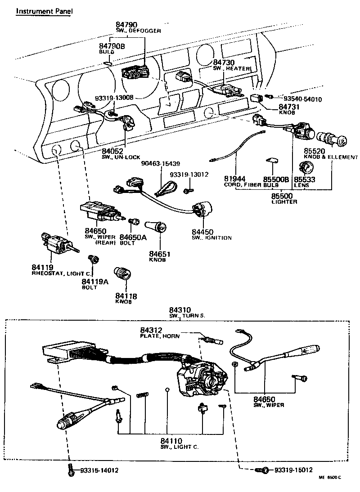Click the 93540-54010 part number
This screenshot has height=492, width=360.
pyautogui.click(x=303, y=98)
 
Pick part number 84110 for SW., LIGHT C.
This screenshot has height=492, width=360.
pyautogui.click(x=173, y=441)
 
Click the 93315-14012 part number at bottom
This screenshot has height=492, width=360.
pyautogui.click(x=99, y=470)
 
